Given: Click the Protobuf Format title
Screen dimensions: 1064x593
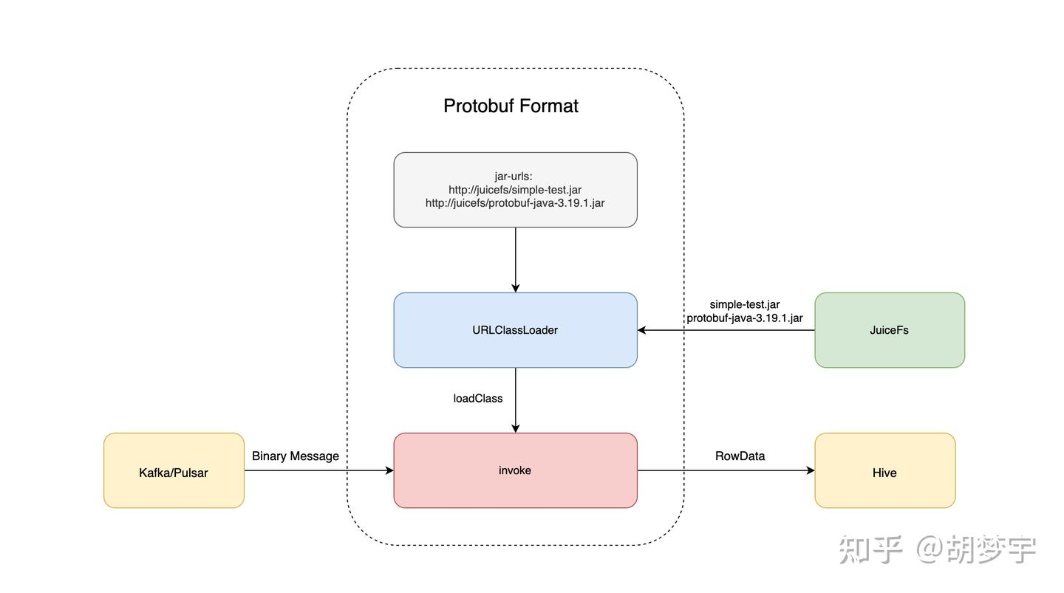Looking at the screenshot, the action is pos(511,106).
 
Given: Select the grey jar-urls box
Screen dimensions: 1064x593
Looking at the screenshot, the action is pos(516,190).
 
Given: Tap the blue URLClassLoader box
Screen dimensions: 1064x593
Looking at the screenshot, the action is pos(516,330).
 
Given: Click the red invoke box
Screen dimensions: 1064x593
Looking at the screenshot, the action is pos(516,470).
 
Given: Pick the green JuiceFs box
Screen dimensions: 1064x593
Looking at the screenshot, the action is pos(890,330).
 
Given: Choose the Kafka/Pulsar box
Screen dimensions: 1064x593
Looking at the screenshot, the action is pos(174,470).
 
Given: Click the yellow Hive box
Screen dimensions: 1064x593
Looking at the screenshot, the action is pos(885,470).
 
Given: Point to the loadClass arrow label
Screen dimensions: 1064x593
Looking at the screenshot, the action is pos(478,398).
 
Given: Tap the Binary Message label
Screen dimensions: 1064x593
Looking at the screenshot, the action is pos(296,456).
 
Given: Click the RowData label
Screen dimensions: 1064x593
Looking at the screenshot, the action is pos(740,456).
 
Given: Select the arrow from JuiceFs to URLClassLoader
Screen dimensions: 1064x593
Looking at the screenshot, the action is pos(726,330).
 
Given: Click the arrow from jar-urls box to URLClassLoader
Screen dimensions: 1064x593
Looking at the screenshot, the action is pos(516,260).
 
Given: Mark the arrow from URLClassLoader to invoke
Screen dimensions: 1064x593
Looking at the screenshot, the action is pos(516,400).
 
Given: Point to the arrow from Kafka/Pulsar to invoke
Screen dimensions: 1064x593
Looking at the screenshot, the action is pos(319,470).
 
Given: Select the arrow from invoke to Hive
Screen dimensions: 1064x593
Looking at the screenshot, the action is pos(726,470).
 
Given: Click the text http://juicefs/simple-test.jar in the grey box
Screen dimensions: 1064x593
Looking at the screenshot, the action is pos(515,190).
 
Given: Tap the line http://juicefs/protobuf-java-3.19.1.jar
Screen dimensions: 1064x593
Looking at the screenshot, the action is pos(515,203).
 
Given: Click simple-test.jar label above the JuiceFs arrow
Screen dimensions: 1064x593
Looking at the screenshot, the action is pos(745,304).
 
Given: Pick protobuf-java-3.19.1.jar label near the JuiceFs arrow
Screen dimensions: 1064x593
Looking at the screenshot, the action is pos(745,318).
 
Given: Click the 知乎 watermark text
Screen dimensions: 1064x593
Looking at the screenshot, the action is pos(870,549).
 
